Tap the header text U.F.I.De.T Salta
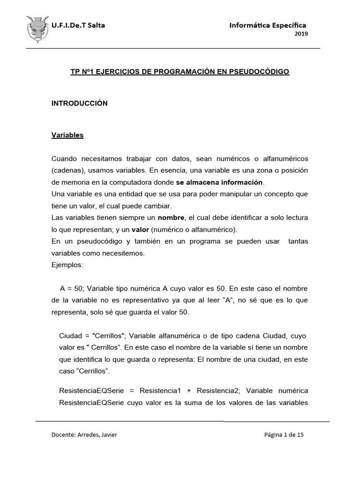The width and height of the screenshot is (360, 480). coord(78,25)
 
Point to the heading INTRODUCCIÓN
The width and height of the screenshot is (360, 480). coord(79,103)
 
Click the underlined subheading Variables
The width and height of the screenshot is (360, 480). coord(67,135)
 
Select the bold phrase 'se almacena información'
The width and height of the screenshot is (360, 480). coord(219,181)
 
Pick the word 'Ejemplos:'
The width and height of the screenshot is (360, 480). coord(67,265)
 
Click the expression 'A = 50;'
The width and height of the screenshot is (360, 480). coord(72,288)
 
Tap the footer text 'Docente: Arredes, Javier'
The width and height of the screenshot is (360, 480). coord(84,435)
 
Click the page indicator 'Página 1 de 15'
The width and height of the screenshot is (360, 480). coord(284,435)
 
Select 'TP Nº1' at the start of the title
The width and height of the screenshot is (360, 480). coord(81,72)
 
